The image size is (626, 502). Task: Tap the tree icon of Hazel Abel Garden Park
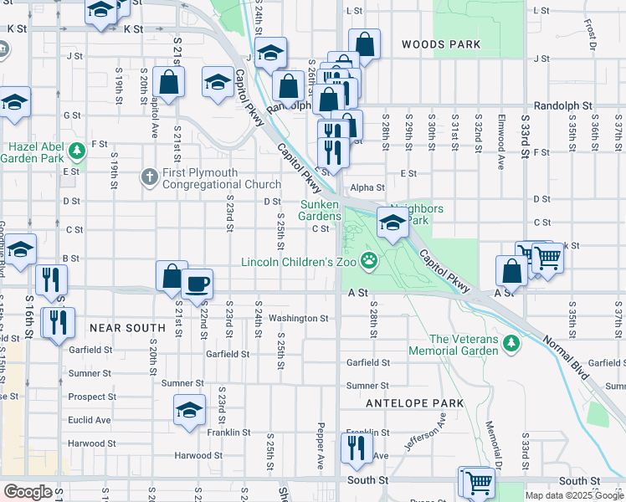click(x=77, y=151)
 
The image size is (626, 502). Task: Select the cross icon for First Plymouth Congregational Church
click(x=149, y=177)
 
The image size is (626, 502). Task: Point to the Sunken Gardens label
click(x=320, y=210)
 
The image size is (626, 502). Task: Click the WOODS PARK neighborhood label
click(x=440, y=44)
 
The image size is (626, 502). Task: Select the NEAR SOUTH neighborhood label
click(x=127, y=328)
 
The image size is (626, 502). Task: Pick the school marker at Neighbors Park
click(x=392, y=222)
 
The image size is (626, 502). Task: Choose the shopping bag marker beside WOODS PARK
click(x=365, y=43)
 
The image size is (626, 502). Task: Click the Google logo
click(x=28, y=492)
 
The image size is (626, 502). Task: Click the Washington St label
click(x=299, y=319)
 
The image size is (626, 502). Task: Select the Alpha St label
click(x=367, y=188)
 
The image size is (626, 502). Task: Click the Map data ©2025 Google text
click(x=573, y=495)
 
